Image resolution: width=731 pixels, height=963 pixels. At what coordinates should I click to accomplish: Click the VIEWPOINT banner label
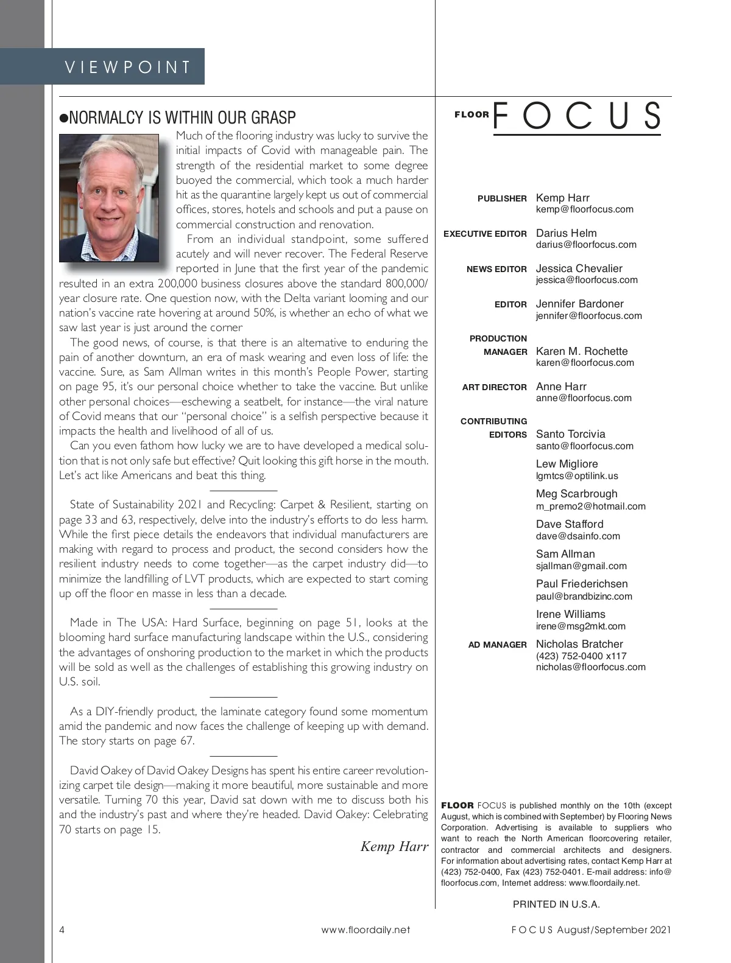coord(128,66)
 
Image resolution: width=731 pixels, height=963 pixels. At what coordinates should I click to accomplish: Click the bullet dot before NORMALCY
coord(63,118)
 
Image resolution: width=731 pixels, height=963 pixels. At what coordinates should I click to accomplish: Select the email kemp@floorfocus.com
coord(584,209)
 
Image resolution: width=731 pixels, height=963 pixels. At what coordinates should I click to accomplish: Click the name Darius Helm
coord(566,233)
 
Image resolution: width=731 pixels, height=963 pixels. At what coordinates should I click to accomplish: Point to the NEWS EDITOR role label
coord(496,269)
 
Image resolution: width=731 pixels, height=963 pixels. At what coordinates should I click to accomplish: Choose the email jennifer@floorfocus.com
coord(588,316)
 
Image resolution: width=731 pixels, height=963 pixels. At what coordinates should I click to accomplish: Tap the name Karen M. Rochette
coord(581,351)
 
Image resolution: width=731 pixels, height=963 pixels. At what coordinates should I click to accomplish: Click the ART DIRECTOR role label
coord(494,387)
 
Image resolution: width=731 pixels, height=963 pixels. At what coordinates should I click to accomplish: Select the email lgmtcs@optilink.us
coord(577,476)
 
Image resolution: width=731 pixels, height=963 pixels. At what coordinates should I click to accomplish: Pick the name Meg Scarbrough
coord(576,494)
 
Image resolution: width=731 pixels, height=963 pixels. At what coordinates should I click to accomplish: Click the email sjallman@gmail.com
coord(581,566)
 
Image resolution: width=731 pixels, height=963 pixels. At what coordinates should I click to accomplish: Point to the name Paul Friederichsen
coord(581,584)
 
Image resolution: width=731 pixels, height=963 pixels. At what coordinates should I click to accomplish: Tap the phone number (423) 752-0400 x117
coord(581,656)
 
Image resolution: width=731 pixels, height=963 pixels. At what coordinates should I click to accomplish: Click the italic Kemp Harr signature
coord(394,847)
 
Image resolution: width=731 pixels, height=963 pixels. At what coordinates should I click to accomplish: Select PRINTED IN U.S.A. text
coord(556,905)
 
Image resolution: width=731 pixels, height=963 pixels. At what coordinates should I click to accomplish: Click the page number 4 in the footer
coord(62,930)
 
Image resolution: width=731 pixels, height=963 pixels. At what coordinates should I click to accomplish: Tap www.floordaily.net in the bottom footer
coord(365,930)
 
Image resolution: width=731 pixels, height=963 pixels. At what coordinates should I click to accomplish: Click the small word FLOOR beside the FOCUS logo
coord(471,114)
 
